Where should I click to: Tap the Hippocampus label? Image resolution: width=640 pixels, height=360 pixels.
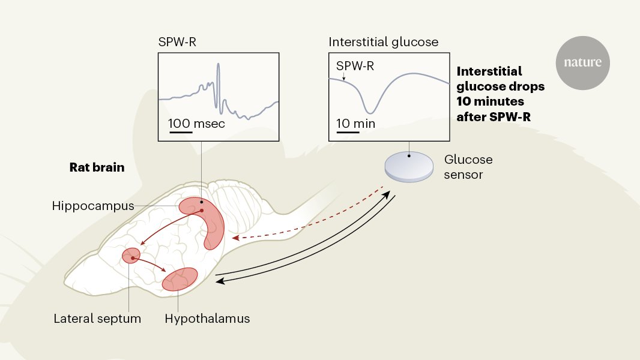pos(92,206)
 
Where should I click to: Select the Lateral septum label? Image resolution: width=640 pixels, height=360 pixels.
pos(97,318)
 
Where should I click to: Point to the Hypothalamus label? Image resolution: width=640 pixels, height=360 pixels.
pos(207,318)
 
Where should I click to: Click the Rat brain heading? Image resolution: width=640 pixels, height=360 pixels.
pos(97,167)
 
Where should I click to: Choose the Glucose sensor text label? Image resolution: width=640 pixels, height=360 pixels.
pos(468,167)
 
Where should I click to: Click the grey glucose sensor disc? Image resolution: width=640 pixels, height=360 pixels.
pos(409,164)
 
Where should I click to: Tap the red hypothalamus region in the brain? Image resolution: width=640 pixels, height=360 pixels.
pos(180,279)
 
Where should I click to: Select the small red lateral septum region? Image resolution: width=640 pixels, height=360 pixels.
pos(131,256)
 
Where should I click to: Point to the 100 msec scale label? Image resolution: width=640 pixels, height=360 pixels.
pos(196,124)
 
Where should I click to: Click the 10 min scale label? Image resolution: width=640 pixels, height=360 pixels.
pos(355,124)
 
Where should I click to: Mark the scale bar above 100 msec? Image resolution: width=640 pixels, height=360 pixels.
pos(180,132)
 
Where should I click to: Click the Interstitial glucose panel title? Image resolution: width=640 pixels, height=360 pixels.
pos(383,43)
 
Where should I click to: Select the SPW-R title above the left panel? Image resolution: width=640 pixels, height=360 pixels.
pos(177,43)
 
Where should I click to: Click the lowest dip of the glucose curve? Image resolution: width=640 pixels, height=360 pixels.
pos(372,112)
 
